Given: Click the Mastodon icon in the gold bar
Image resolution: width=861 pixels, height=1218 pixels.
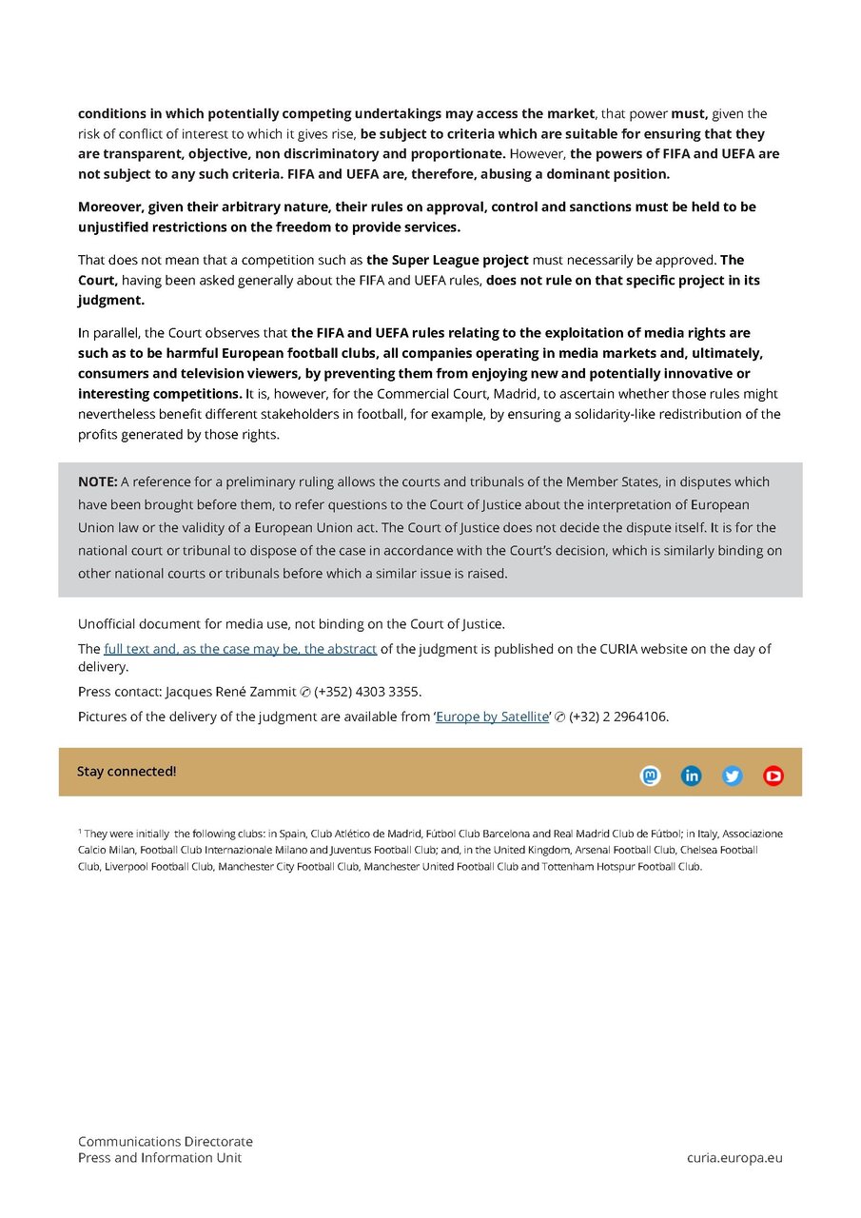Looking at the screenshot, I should tap(650, 776).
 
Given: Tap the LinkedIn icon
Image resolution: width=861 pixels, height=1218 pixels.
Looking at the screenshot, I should tap(692, 776).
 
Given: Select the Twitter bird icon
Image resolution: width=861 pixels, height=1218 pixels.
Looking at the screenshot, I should tap(733, 776).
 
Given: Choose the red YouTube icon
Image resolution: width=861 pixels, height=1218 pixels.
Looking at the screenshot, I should tap(773, 776).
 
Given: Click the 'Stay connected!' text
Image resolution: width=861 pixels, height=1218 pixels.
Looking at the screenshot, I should tap(127, 772).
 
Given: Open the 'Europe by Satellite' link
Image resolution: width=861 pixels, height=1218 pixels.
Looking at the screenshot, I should tap(492, 717).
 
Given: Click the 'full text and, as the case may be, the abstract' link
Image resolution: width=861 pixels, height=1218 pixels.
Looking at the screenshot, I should tap(241, 649).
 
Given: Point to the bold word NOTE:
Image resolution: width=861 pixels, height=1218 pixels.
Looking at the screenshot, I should tap(98, 481).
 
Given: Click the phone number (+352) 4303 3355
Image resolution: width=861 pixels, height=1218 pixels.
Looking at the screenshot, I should tap(367, 692).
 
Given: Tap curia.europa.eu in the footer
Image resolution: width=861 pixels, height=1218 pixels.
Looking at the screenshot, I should tap(734, 1158).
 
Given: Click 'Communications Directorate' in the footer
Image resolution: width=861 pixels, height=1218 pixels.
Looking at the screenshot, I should tap(166, 1142).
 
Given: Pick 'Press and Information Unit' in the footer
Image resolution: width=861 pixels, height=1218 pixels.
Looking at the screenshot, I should tap(160, 1158).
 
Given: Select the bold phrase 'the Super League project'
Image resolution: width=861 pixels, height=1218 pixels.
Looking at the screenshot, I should tap(447, 260).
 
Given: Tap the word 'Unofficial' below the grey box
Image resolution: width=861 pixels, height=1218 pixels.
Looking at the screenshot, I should tap(108, 624).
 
